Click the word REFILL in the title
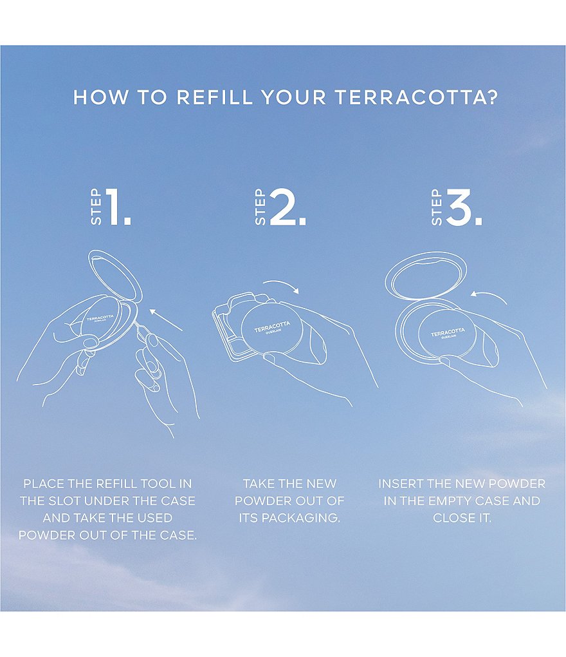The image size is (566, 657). point(214,97)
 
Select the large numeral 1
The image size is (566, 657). point(118,207)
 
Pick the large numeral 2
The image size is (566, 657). point(288,207)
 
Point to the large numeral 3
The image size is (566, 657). point(464,207)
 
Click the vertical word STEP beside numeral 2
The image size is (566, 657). point(260,207)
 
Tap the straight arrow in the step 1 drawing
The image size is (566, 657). point(166,319)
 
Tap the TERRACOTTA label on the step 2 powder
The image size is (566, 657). point(272,326)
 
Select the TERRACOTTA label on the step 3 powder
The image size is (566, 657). point(448,332)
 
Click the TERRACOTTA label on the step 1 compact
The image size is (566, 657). point(100,318)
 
